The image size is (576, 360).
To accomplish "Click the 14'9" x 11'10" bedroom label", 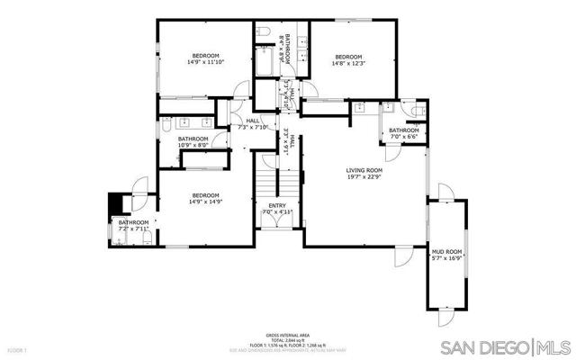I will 205,58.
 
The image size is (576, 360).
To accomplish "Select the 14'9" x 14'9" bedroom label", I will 206,199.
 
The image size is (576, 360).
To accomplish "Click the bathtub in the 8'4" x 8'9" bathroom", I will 265,61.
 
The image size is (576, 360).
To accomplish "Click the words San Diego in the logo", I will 490,347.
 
